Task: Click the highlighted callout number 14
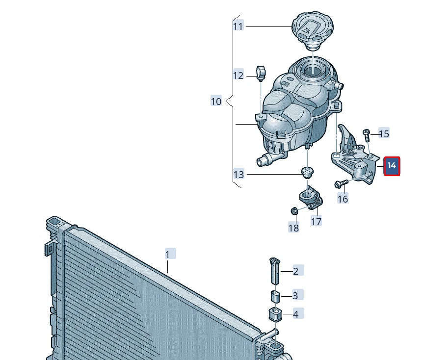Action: pyautogui.click(x=392, y=166)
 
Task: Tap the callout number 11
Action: pyautogui.click(x=238, y=26)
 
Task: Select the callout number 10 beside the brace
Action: pyautogui.click(x=216, y=102)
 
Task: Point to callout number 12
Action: pyautogui.click(x=238, y=76)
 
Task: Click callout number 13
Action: pyautogui.click(x=238, y=174)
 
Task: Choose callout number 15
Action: pyautogui.click(x=384, y=133)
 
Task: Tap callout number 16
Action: pyautogui.click(x=343, y=199)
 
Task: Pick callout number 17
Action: pyautogui.click(x=316, y=221)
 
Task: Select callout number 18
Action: pyautogui.click(x=293, y=228)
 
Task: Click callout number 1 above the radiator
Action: pyautogui.click(x=168, y=255)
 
